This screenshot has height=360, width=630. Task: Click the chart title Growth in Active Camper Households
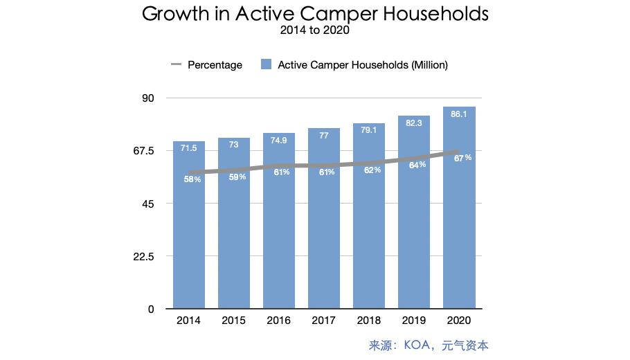tap(315, 15)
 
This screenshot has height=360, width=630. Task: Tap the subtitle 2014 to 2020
tap(315, 30)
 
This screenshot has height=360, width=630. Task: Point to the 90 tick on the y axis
tap(147, 98)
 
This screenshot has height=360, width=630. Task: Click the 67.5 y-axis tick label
tap(143, 151)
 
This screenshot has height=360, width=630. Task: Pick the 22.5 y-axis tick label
tap(143, 257)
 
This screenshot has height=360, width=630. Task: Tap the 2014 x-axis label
tap(189, 321)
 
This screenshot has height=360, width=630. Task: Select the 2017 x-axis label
tap(324, 321)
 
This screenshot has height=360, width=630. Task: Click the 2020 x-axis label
tap(459, 321)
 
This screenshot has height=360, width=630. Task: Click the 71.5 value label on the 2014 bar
tap(189, 148)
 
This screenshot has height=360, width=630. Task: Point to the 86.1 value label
tap(459, 114)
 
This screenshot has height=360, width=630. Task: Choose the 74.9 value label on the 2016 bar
tap(279, 141)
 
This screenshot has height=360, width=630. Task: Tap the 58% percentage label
tap(192, 179)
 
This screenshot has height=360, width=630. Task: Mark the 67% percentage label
tap(462, 158)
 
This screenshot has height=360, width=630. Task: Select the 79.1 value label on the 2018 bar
tap(369, 131)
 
